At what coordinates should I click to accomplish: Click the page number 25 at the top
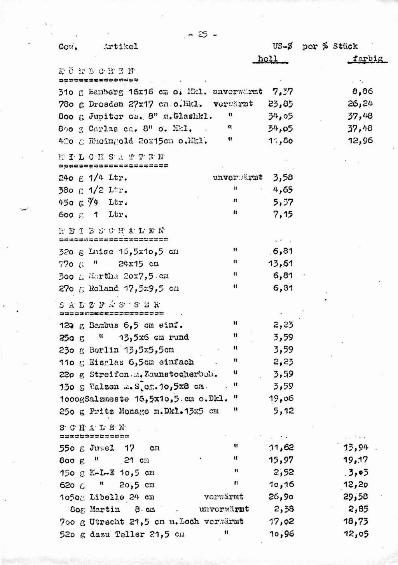click(202, 34)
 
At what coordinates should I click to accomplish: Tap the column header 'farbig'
click(367, 59)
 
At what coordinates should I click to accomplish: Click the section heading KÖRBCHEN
click(97, 71)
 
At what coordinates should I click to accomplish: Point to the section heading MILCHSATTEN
click(112, 157)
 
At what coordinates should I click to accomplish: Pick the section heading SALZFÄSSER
click(110, 304)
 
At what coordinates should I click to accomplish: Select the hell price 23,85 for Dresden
click(280, 104)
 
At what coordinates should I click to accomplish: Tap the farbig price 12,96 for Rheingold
click(360, 141)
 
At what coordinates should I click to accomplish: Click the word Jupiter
click(103, 116)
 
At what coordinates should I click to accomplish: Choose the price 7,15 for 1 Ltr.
click(283, 214)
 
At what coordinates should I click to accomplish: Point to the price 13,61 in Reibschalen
click(280, 264)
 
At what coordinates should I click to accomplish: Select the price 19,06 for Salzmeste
click(281, 399)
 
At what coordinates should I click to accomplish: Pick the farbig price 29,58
click(355, 497)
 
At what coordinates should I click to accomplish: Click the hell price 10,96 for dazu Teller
click(281, 534)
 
